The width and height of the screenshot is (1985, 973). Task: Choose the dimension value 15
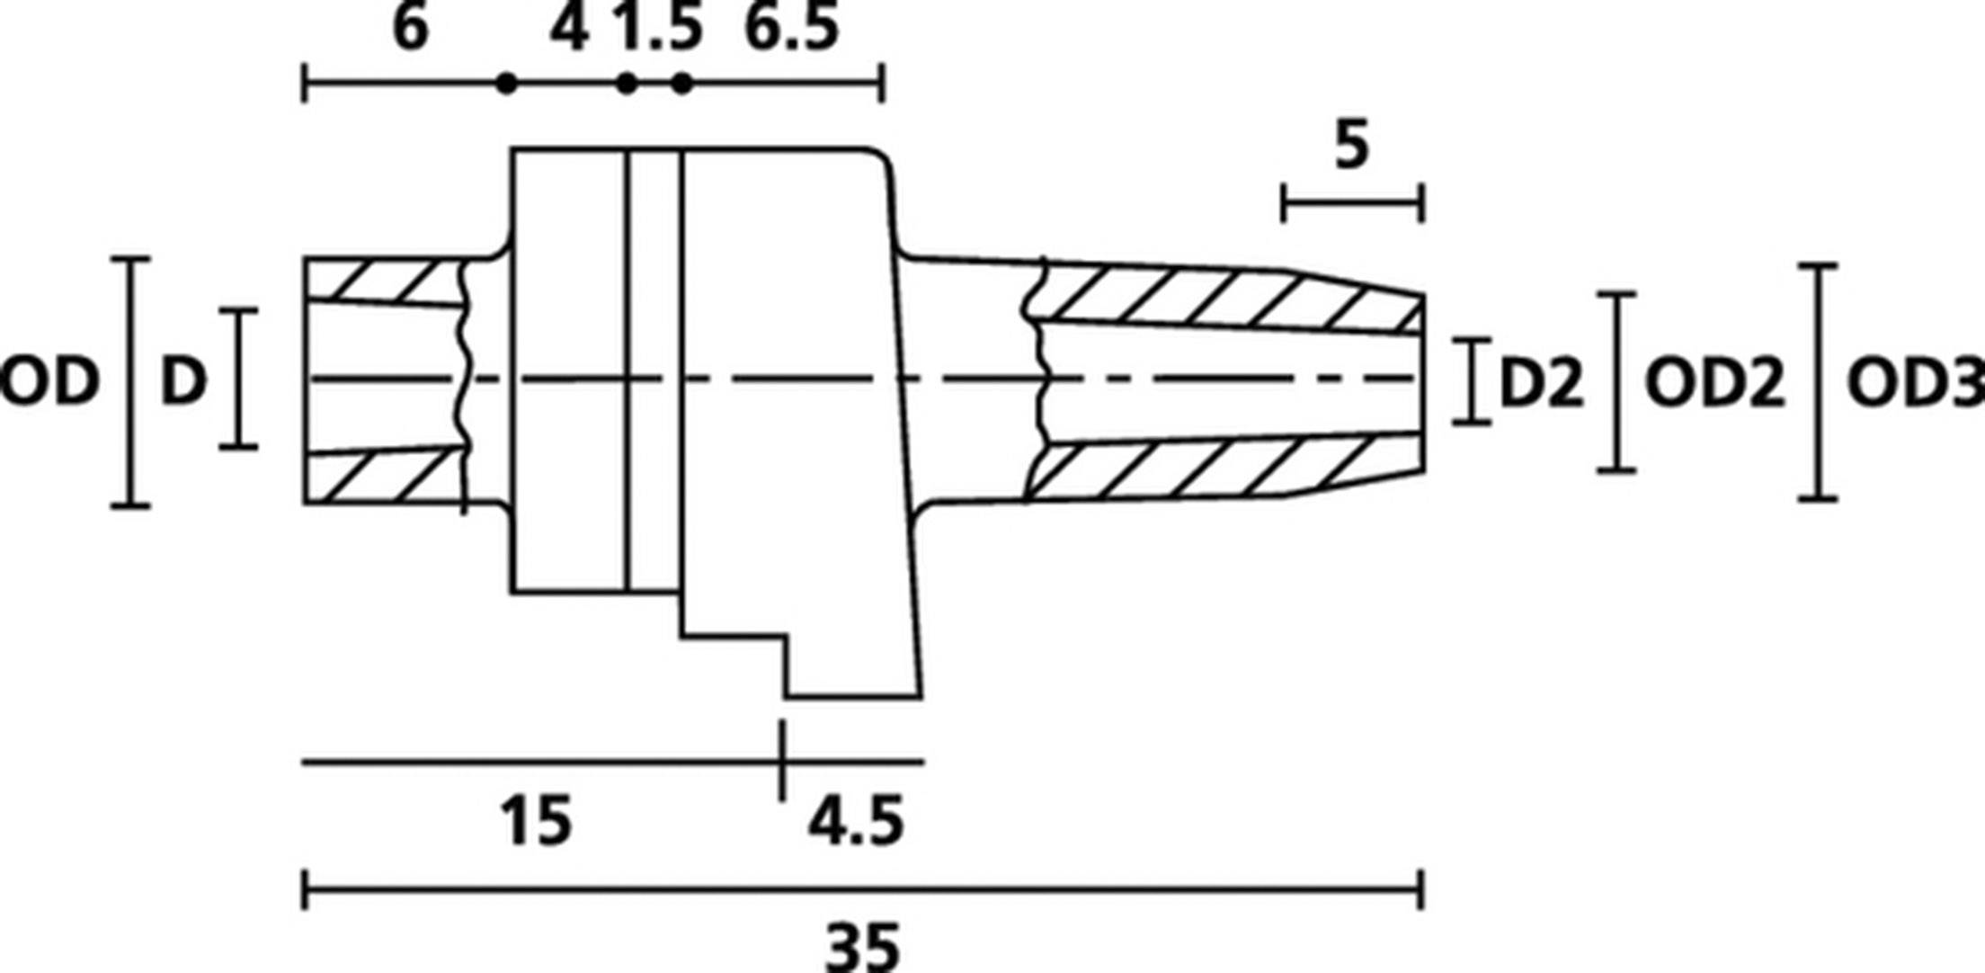(x=536, y=821)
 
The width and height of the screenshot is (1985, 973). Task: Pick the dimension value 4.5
(x=855, y=821)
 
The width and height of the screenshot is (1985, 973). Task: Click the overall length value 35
(x=861, y=946)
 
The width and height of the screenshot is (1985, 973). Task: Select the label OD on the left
(x=49, y=381)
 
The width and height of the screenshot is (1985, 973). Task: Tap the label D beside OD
(x=183, y=381)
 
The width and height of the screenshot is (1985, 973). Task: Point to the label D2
(x=1541, y=383)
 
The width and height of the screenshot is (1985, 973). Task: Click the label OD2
(x=1714, y=383)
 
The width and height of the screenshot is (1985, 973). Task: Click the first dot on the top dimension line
(x=507, y=84)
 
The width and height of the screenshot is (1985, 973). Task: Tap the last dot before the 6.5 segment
(x=682, y=84)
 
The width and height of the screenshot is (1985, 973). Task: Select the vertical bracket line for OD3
(x=1818, y=382)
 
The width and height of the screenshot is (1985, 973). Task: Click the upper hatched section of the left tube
(x=387, y=280)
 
